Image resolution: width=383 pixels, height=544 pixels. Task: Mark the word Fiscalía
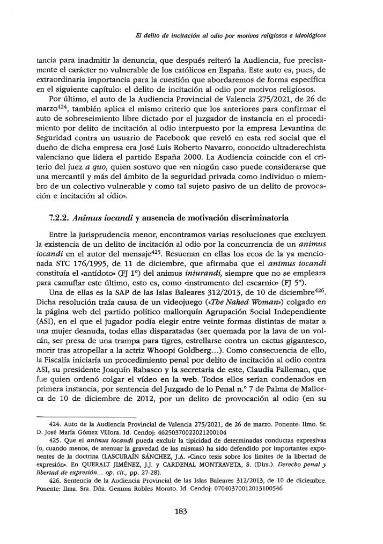coord(71,353)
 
